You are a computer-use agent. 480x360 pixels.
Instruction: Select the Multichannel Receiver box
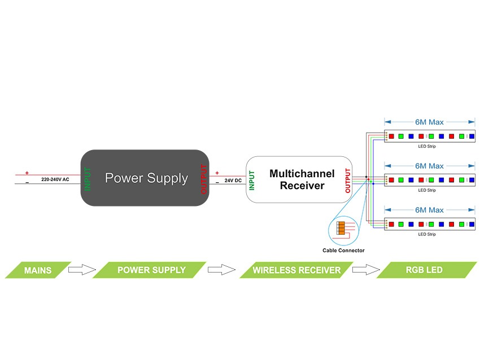[x=299, y=179]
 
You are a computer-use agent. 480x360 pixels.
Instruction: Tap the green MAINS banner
[x=38, y=270]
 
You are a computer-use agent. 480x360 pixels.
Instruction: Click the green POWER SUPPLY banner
[x=151, y=270]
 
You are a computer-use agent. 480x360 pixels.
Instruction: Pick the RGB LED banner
[x=424, y=270]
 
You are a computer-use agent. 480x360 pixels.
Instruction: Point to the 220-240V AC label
[x=55, y=179]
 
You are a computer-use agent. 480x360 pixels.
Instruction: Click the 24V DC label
[x=233, y=181]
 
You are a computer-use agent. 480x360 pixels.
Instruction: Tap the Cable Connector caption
[x=343, y=250]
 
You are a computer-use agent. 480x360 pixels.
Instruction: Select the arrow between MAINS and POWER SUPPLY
[x=82, y=270]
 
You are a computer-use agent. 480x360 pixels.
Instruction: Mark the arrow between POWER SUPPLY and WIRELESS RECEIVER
[x=221, y=270]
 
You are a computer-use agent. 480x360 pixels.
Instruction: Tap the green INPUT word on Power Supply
[x=88, y=179]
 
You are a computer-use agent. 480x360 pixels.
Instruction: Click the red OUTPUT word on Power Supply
[x=203, y=179]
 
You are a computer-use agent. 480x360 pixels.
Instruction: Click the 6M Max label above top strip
[x=429, y=121]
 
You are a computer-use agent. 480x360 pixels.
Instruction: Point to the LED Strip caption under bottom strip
[x=427, y=234]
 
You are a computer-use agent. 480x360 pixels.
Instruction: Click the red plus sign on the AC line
[x=27, y=173]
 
